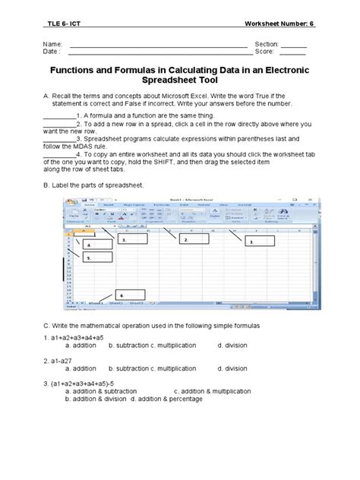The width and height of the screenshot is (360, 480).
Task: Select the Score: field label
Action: click(267, 53)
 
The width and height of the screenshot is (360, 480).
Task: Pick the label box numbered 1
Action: click(134, 239)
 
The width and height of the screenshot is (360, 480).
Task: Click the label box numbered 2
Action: click(194, 240)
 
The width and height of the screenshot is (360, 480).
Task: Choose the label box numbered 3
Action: click(259, 242)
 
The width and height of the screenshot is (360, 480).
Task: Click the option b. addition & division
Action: click(94, 397)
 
